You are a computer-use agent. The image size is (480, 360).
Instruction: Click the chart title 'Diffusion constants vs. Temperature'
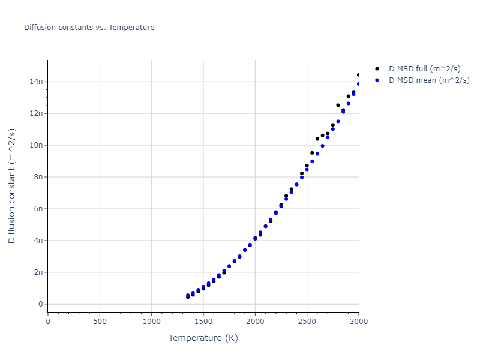(x=89, y=28)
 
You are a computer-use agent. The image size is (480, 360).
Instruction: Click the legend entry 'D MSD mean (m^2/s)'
(x=429, y=80)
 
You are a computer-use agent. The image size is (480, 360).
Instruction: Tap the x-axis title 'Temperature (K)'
(x=203, y=338)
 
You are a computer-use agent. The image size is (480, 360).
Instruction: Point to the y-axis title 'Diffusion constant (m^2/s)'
(x=12, y=185)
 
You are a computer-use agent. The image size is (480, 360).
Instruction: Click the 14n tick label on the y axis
(x=37, y=82)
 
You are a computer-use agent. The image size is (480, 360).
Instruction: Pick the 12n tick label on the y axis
(x=37, y=113)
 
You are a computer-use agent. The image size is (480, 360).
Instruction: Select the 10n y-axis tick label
(x=37, y=145)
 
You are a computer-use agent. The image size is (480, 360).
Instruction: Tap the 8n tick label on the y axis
(x=38, y=177)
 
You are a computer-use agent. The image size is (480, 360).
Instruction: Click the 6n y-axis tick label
(x=38, y=209)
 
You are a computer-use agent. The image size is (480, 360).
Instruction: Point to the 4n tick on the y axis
(x=38, y=241)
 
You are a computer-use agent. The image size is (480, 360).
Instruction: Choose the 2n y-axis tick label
(x=38, y=272)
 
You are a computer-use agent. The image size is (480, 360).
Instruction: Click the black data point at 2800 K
(x=338, y=105)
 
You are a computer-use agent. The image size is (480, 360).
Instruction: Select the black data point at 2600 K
(x=317, y=139)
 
